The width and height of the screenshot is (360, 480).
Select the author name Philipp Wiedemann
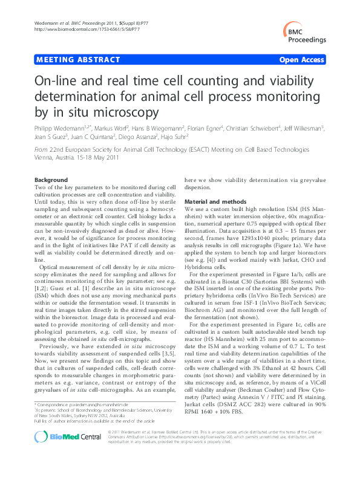pos(56,128)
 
